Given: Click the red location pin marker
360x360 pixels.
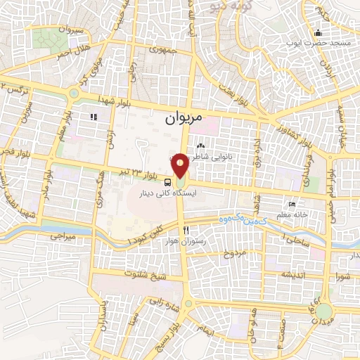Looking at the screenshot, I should pyautogui.click(x=180, y=165).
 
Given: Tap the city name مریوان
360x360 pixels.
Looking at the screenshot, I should pyautogui.click(x=183, y=119).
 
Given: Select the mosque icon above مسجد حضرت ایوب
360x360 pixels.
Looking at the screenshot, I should pyautogui.click(x=318, y=32).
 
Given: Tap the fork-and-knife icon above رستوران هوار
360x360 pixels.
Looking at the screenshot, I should pyautogui.click(x=185, y=230).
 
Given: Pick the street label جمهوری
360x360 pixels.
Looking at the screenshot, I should pyautogui.click(x=162, y=50).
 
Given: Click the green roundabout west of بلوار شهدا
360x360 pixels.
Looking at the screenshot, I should pyautogui.click(x=73, y=93).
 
